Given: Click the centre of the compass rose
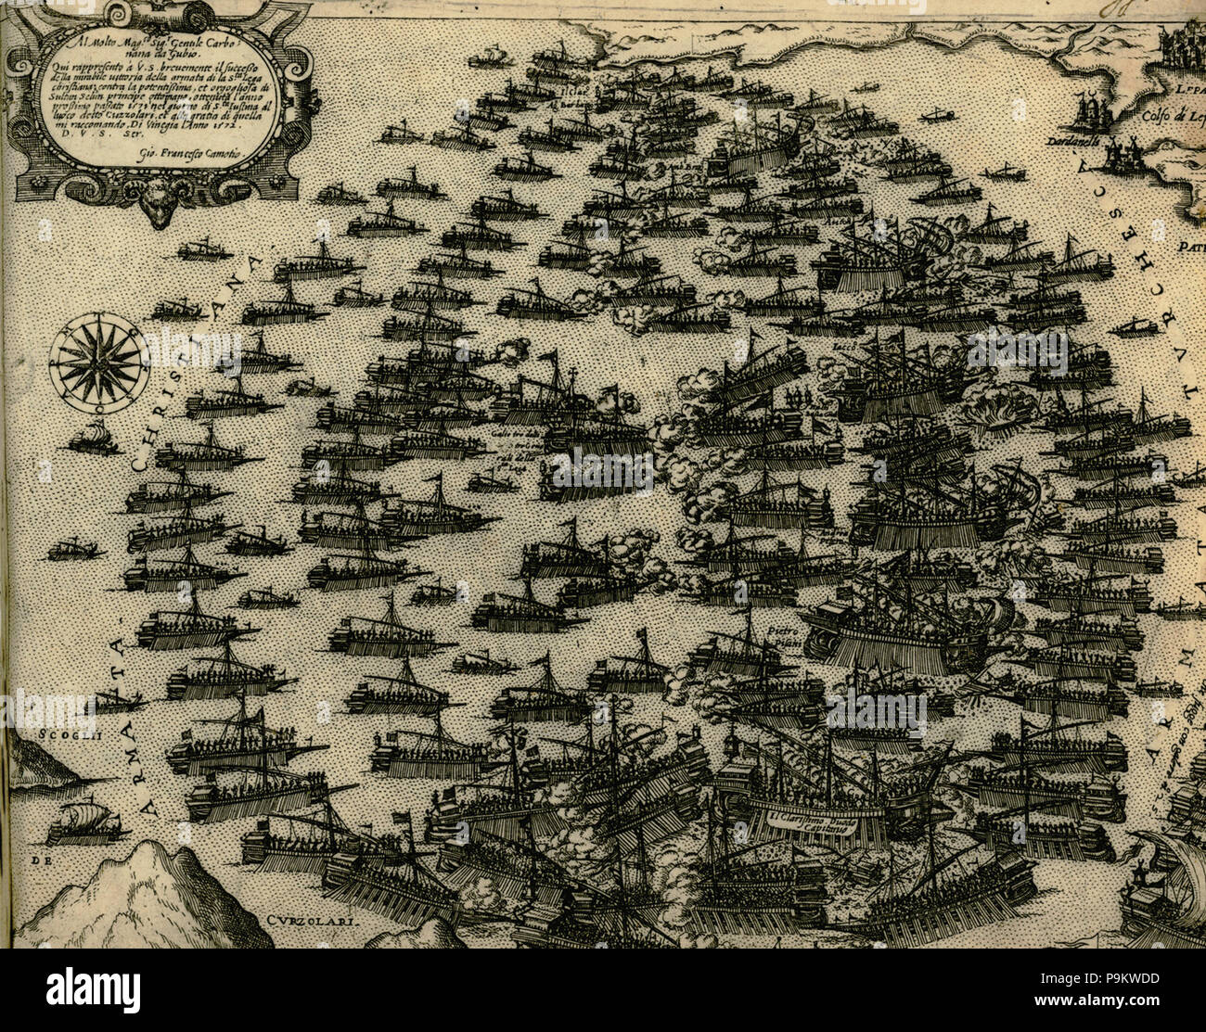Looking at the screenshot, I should pyautogui.click(x=98, y=363).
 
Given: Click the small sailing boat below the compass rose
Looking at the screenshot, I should pyautogui.click(x=94, y=438).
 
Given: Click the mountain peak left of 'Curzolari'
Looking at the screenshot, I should pyautogui.click(x=148, y=862).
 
